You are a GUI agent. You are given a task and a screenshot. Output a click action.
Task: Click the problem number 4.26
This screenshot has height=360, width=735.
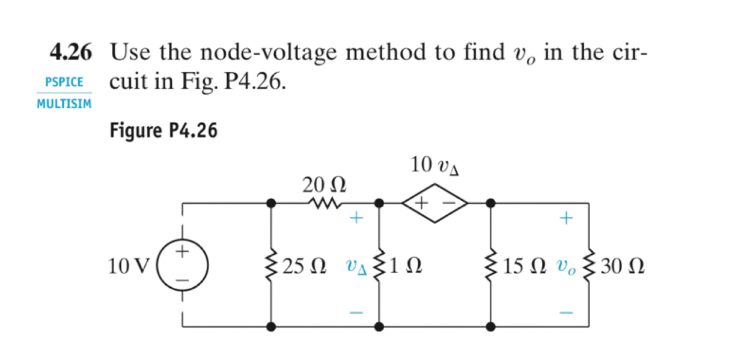tap(71, 55)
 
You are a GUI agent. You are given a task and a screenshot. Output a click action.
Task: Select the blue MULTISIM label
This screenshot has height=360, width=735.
tap(64, 104)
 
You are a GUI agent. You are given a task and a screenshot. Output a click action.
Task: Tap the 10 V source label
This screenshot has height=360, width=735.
tap(129, 265)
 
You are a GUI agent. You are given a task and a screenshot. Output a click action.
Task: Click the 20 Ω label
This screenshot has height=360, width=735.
tap(325, 183)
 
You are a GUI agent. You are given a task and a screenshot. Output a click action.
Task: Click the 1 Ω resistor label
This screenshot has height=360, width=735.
tap(407, 265)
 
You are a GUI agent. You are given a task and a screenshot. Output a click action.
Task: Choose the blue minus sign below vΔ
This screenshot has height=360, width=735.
tap(357, 312)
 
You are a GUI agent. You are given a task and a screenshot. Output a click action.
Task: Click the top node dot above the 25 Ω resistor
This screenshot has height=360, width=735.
tap(272, 204)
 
